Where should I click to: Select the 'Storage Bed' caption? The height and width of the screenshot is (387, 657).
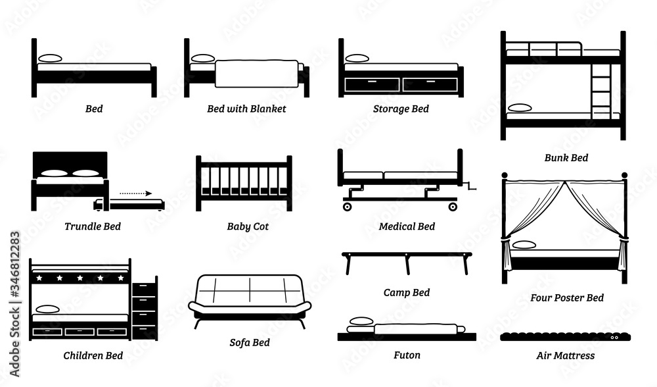[x=400, y=109]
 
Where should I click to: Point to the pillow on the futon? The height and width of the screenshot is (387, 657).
[x=361, y=321]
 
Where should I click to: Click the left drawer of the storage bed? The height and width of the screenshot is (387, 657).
[x=373, y=84]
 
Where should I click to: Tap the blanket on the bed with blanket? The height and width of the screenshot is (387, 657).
[x=258, y=74]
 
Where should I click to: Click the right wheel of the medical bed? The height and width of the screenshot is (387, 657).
[x=453, y=207]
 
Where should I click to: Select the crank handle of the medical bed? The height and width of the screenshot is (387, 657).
[x=470, y=186]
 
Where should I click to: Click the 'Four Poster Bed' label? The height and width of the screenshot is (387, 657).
[x=567, y=297]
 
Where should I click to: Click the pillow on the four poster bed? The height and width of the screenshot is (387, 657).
[x=524, y=245]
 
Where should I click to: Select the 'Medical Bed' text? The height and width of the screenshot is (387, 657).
[x=407, y=226]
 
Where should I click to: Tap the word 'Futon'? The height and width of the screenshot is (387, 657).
[x=407, y=355]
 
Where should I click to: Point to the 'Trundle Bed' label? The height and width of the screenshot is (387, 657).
[x=93, y=226]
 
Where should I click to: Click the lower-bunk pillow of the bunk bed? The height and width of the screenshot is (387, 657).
[x=520, y=107]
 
